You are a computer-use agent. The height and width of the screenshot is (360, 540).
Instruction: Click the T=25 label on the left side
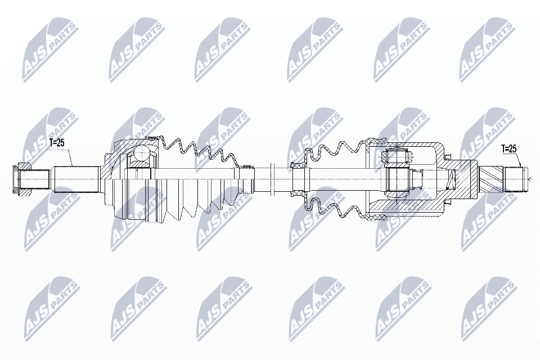[57, 143]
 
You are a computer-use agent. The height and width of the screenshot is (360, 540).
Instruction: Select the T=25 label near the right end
[508, 149]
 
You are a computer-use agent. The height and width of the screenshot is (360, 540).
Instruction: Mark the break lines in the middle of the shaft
[271, 179]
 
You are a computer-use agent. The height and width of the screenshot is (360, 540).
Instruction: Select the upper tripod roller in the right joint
[395, 155]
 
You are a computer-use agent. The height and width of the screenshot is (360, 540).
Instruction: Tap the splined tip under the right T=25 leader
[518, 179]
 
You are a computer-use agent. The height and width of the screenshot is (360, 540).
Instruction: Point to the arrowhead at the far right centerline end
[530, 179]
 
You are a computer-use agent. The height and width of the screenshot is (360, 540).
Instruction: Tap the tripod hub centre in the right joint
[395, 179]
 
